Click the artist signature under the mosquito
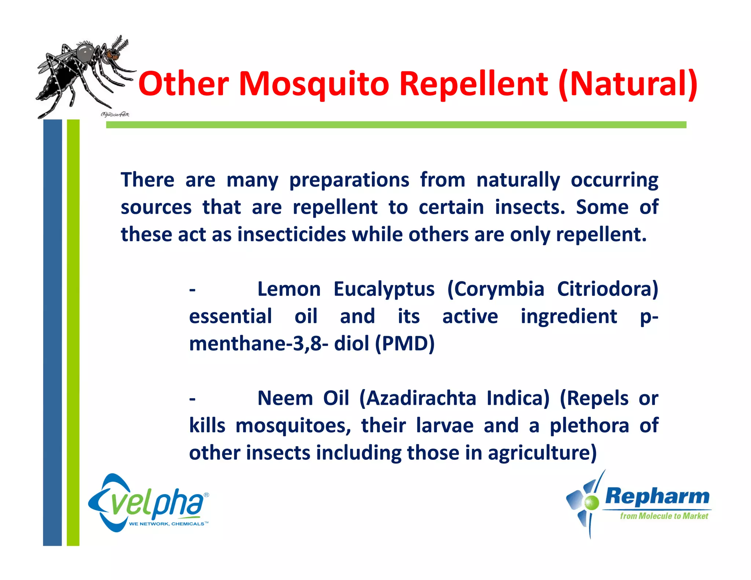[x=115, y=115]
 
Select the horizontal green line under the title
[x=396, y=125]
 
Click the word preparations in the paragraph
[x=349, y=180]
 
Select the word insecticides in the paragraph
[x=292, y=235]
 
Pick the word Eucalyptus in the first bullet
[x=384, y=289]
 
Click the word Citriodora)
[x=607, y=289]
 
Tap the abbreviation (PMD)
[x=404, y=344]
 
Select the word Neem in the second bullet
[x=285, y=399]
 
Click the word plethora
[x=589, y=426]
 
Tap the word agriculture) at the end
[x=542, y=453]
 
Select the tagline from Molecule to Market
[x=664, y=516]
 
